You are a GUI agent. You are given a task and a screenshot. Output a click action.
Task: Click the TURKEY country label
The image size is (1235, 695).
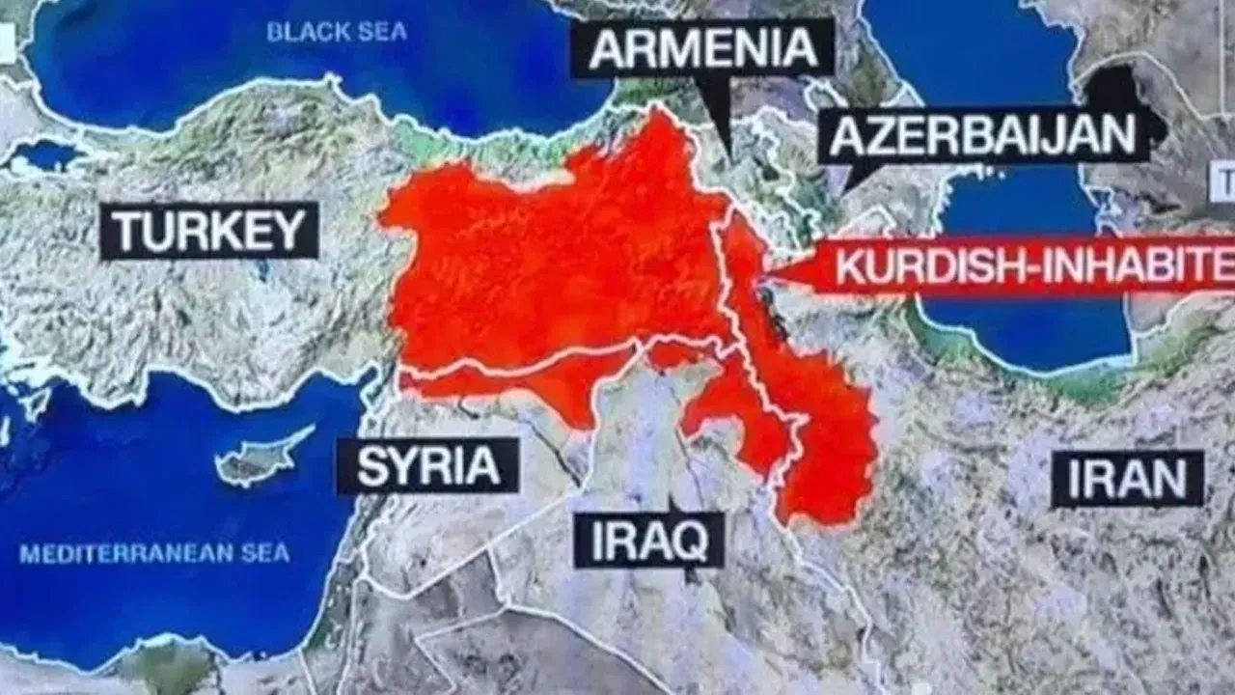208,231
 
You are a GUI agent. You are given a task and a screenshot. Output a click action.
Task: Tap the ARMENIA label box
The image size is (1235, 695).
701,47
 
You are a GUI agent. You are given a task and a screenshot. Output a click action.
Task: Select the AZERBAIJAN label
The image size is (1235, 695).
983,136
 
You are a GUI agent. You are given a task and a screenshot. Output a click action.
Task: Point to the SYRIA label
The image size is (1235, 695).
427,465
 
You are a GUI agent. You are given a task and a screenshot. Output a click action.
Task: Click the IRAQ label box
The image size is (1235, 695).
648,540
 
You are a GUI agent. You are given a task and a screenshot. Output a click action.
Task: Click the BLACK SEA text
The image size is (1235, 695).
337,32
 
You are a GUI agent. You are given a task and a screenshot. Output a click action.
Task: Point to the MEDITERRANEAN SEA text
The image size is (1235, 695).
154,554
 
